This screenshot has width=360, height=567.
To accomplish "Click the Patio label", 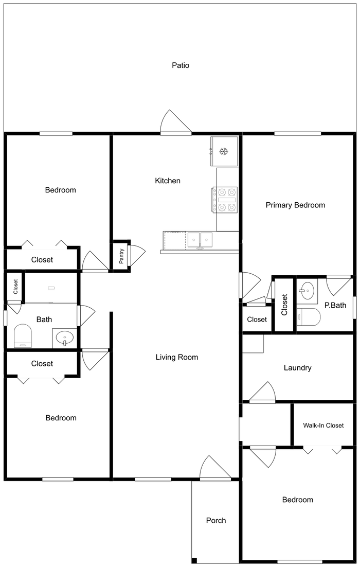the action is (181, 65).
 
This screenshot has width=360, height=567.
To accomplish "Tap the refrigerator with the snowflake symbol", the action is (224, 151).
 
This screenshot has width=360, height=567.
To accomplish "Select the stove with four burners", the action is (225, 200).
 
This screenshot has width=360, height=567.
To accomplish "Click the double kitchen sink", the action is (200, 240).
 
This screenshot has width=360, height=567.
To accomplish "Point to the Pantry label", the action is (121, 256).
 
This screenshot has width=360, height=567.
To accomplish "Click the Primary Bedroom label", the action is (295, 205).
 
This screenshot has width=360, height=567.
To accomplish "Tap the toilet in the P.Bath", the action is (308, 317).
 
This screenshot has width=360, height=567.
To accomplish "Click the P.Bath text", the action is (335, 305).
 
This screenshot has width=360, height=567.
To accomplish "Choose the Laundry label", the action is (297, 368).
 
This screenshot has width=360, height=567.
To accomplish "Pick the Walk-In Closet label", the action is (323, 425).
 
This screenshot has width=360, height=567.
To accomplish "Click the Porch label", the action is (216, 520).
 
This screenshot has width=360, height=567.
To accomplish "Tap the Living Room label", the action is (177, 357).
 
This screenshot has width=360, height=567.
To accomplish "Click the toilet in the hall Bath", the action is (23, 335).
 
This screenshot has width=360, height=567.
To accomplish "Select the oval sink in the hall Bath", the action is (65, 338).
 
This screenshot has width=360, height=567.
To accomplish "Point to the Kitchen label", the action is (167, 181).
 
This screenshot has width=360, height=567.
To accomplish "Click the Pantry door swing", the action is (138, 255).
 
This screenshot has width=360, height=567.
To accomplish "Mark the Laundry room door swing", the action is (263, 392).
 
